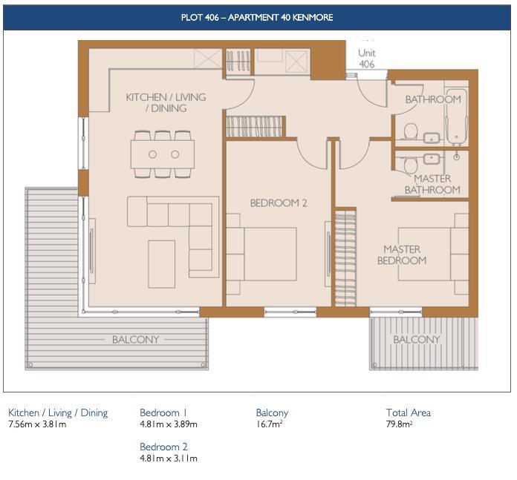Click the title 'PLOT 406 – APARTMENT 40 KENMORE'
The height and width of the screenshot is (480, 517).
click(257, 16)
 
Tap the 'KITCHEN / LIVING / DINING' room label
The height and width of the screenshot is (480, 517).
click(166, 102)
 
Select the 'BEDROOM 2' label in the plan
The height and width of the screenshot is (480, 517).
click(279, 203)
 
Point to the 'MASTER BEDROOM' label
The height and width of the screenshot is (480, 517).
click(402, 254)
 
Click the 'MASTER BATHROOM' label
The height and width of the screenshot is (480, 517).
click(432, 185)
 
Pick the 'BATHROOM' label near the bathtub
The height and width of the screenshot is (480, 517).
click(432, 99)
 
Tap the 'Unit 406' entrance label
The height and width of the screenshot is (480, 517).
click(366, 59)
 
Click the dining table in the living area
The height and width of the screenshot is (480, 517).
click(163, 154)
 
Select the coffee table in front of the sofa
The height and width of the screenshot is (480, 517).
click(161, 263)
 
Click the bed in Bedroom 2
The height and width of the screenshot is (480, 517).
click(261, 253)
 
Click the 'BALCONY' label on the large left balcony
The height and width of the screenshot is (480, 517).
click(135, 340)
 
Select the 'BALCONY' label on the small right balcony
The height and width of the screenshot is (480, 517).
click(416, 340)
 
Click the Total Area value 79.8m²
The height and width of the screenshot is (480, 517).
click(399, 425)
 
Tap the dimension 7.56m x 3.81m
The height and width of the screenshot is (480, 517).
click(37, 425)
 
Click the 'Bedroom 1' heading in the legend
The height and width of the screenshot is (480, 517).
click(163, 412)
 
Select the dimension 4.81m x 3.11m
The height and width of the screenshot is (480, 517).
click(168, 458)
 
